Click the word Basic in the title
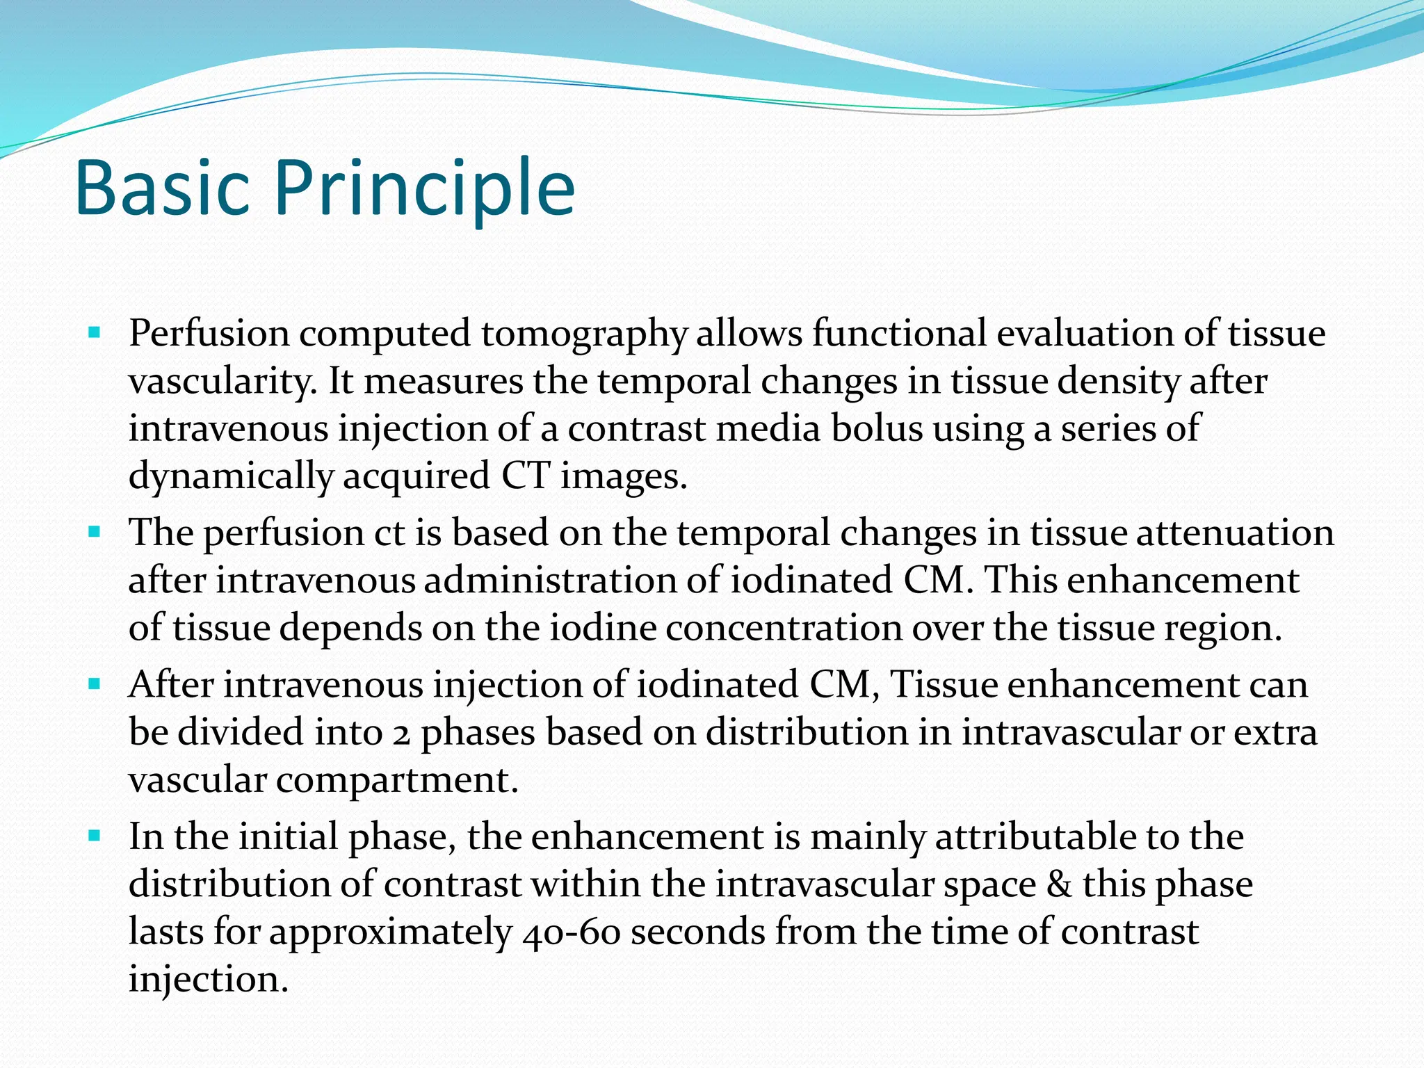[161, 188]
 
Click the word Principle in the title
[424, 188]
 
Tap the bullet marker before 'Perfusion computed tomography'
[95, 333]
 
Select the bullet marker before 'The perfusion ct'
[95, 533]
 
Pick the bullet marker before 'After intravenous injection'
[95, 684]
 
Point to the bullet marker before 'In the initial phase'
[95, 836]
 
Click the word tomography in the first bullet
[583, 334]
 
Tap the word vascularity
[222, 382]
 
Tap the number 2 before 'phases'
[401, 734]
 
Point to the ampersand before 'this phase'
[1059, 884]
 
